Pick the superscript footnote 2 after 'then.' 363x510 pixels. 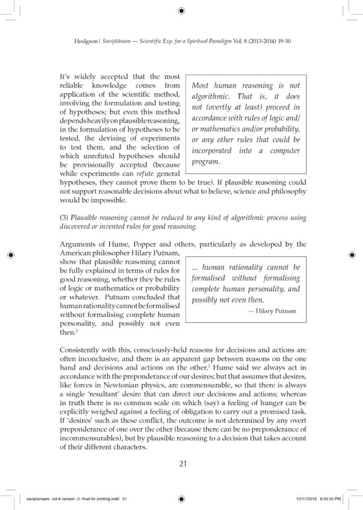pos(76,330)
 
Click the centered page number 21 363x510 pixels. pos(181,464)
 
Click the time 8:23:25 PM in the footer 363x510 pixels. pos(335,499)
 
